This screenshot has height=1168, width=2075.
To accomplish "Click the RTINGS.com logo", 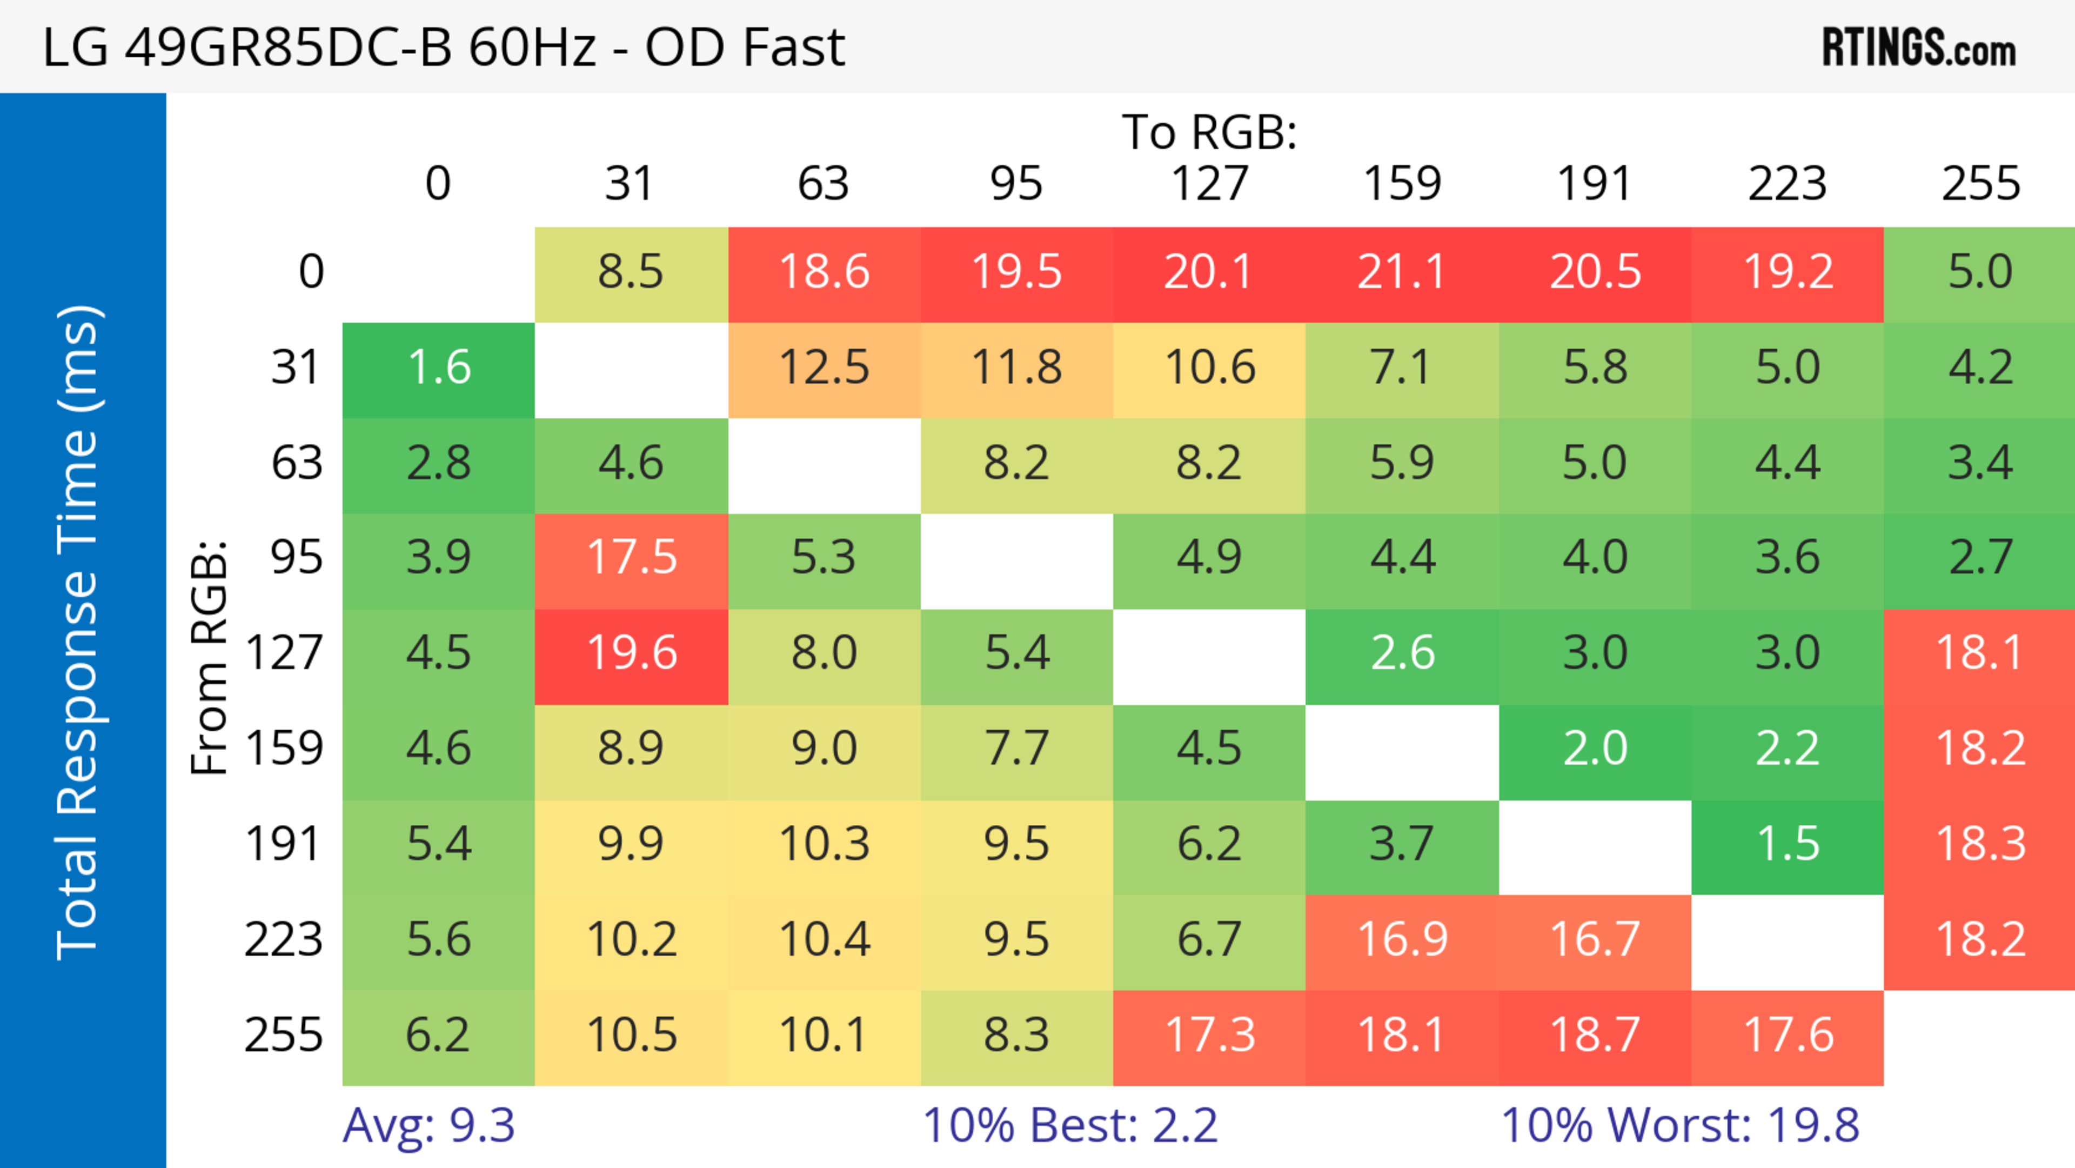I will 1919,48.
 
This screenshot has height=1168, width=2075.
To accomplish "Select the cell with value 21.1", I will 1402,272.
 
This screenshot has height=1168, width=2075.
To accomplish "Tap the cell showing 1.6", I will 439,368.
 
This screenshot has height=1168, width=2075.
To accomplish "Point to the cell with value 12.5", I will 824,368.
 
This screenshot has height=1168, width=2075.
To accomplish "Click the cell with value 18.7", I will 1595,1035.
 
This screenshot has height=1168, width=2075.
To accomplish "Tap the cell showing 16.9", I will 1402,940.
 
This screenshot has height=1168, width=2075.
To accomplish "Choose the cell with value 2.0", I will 1595,749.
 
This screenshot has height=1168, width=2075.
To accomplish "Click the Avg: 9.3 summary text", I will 429,1125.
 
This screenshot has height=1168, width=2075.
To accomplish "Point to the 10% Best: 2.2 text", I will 1070,1125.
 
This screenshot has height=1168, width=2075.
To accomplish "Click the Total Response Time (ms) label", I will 79,632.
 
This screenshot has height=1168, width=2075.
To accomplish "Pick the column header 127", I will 1209,184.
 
